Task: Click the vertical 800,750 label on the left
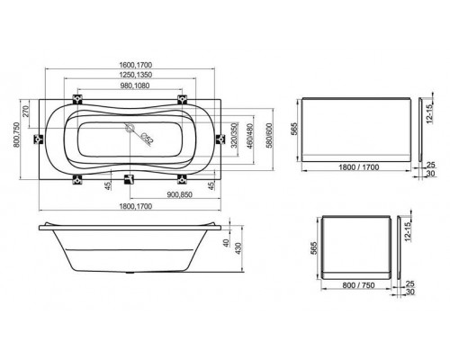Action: [x=10, y=136]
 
